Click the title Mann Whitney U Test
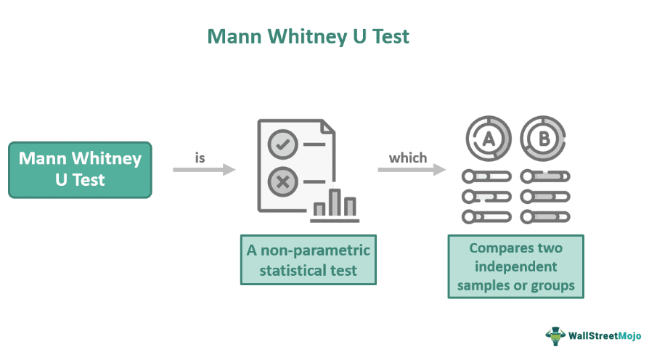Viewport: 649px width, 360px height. click(309, 36)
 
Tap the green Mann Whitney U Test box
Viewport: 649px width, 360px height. click(80, 169)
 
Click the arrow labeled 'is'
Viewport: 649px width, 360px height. click(204, 170)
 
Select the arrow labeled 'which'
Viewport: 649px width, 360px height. click(411, 170)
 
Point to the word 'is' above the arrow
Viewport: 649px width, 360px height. click(201, 157)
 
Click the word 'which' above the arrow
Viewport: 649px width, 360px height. click(408, 157)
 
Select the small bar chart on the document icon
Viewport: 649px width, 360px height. click(335, 204)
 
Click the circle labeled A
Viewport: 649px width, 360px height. click(488, 137)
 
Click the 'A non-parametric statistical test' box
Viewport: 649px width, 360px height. click(309, 260)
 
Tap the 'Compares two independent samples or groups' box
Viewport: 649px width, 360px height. click(515, 266)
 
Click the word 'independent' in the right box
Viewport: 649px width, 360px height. click(515, 266)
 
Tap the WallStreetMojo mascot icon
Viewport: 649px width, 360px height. click(555, 336)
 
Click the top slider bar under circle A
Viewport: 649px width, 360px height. click(486, 176)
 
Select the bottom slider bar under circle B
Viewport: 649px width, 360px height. click(545, 216)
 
